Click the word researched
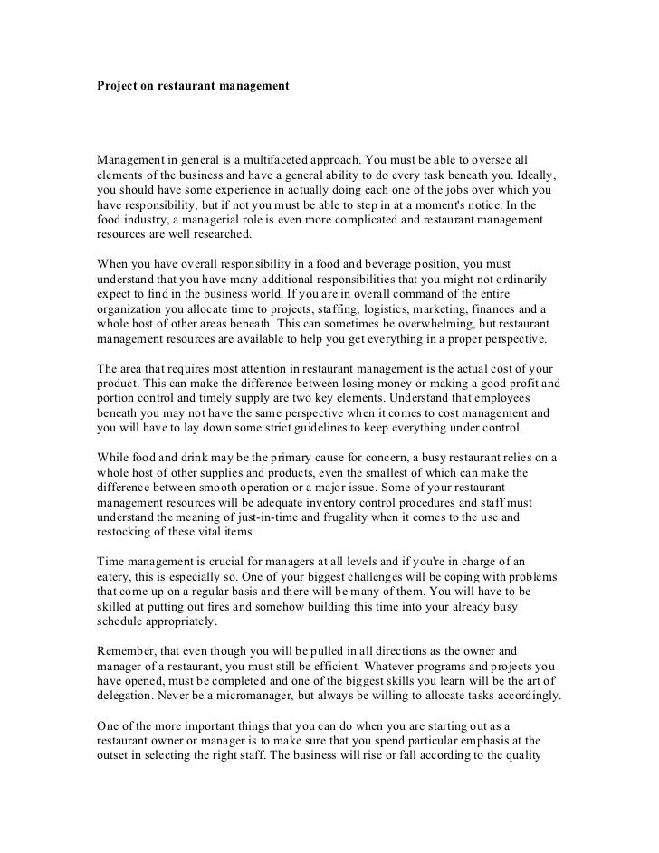click(x=213, y=233)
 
